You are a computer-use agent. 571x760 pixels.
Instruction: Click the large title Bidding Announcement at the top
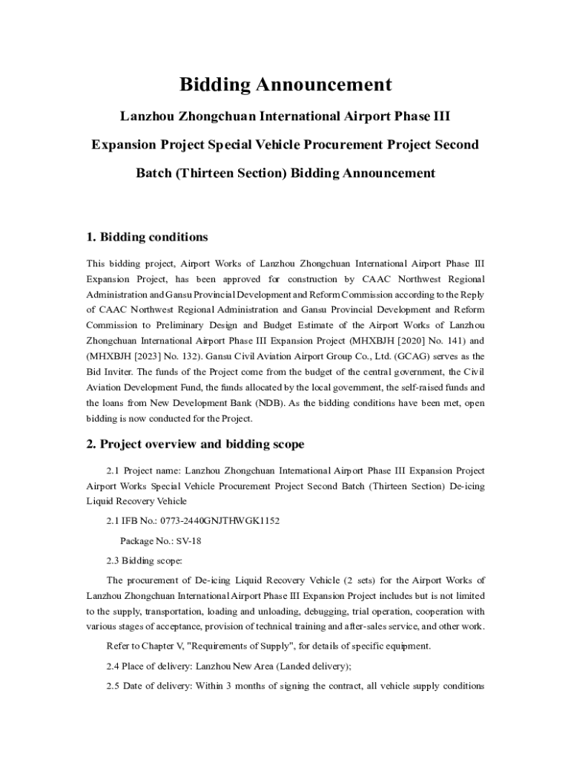tap(285, 85)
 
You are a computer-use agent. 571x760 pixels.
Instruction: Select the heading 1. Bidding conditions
tap(147, 237)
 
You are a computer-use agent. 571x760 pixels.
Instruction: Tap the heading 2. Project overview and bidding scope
tap(195, 445)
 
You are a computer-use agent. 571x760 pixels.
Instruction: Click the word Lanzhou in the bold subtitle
tap(148, 117)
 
